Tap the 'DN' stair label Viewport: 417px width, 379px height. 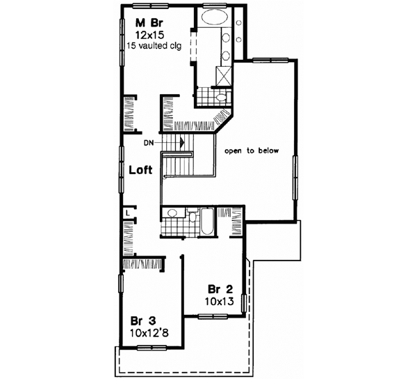pyautogui.click(x=149, y=144)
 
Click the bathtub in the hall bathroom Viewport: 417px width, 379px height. pyautogui.click(x=208, y=224)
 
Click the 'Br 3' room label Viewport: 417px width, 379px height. pyautogui.click(x=142, y=321)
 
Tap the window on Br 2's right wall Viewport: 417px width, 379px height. pyautogui.click(x=244, y=303)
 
